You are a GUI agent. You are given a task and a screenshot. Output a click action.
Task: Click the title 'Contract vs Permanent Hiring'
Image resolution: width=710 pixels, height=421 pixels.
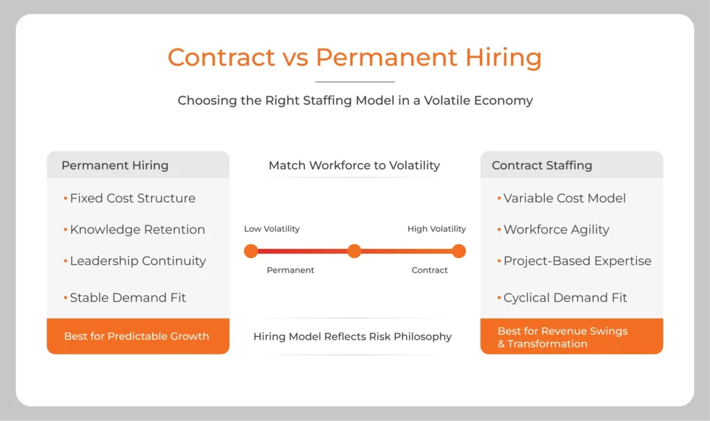pyautogui.click(x=354, y=57)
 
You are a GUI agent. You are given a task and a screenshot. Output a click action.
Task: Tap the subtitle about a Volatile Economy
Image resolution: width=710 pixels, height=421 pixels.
pyautogui.click(x=355, y=101)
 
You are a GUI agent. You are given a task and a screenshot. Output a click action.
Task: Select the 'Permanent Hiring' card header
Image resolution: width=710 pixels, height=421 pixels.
pyautogui.click(x=115, y=165)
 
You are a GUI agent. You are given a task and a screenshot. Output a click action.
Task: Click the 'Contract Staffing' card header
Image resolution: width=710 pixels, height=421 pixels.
pyautogui.click(x=542, y=165)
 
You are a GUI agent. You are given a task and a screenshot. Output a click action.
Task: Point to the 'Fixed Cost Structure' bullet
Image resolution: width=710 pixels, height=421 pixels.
pyautogui.click(x=132, y=198)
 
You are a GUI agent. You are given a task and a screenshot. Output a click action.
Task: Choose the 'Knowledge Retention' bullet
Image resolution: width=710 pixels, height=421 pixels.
pyautogui.click(x=137, y=230)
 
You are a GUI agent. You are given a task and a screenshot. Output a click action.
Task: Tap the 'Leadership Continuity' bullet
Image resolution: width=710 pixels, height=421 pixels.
pyautogui.click(x=138, y=261)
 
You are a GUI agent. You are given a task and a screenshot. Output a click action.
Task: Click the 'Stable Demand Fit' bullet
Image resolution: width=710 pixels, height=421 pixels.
pyautogui.click(x=128, y=298)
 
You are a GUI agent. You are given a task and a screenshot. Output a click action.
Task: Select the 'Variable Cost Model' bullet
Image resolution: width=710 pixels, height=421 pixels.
pyautogui.click(x=564, y=198)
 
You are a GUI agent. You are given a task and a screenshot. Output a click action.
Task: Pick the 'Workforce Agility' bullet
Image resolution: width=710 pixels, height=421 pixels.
pyautogui.click(x=556, y=230)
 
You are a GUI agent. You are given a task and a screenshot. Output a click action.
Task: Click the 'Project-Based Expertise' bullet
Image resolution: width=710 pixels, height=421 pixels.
pyautogui.click(x=577, y=261)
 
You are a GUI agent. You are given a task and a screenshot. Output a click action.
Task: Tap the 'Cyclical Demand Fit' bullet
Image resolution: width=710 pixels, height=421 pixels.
pyautogui.click(x=565, y=298)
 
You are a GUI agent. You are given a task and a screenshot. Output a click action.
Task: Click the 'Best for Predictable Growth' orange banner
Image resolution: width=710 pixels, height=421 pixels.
pyautogui.click(x=137, y=336)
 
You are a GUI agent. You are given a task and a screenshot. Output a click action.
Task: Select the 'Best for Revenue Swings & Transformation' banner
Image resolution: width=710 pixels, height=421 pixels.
pyautogui.click(x=562, y=337)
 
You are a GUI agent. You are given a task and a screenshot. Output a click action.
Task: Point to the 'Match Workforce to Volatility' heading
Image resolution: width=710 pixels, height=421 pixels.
pyautogui.click(x=354, y=165)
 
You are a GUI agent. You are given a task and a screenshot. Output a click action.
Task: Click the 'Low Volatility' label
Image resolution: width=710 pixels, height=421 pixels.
pyautogui.click(x=272, y=229)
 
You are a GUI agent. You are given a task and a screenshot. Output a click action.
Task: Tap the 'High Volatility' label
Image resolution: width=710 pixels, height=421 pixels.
pyautogui.click(x=436, y=229)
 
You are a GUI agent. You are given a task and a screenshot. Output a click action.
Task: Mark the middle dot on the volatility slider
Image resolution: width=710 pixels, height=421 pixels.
pyautogui.click(x=354, y=251)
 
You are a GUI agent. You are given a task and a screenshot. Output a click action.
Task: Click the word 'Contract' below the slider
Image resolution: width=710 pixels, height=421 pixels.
pyautogui.click(x=430, y=270)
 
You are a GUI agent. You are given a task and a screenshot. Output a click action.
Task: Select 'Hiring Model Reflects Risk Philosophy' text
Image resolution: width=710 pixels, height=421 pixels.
pyautogui.click(x=352, y=336)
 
